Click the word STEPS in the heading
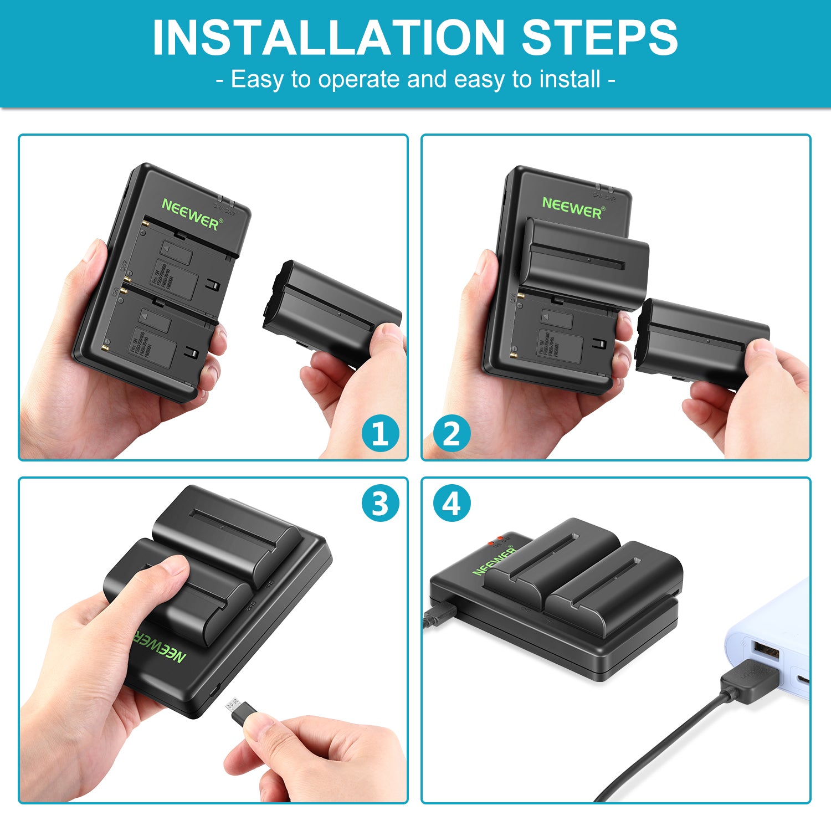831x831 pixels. tap(599, 38)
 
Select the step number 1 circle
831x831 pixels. tap(380, 433)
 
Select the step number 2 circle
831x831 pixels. tap(451, 433)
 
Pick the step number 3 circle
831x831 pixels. tap(380, 504)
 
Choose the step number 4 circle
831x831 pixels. tap(451, 504)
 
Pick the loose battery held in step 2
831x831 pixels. tap(701, 341)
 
